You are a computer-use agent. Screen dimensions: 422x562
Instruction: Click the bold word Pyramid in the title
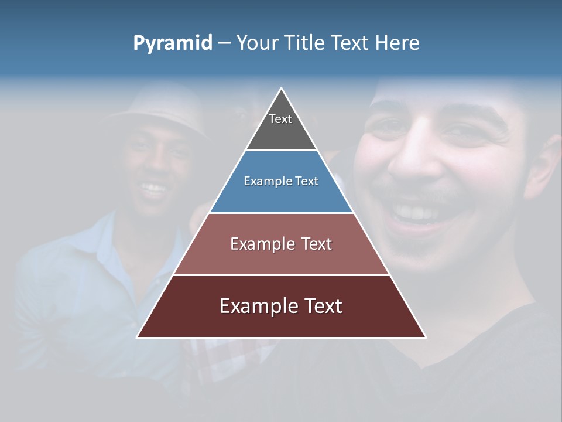pos(173,43)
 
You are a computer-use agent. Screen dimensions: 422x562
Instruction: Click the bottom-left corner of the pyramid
pos(138,337)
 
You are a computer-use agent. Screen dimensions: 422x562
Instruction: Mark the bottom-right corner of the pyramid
pos(426,337)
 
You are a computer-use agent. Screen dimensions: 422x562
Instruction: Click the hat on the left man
pos(158,108)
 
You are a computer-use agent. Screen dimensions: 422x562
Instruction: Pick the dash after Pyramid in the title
pos(224,43)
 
